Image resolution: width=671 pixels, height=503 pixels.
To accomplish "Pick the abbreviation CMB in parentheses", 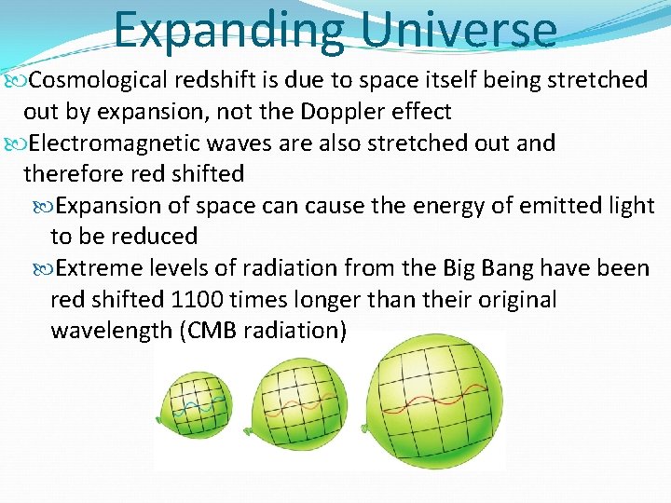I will [219, 331].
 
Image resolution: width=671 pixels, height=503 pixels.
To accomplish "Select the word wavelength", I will [111, 332].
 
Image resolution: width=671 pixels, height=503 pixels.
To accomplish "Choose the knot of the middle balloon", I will [247, 432].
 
